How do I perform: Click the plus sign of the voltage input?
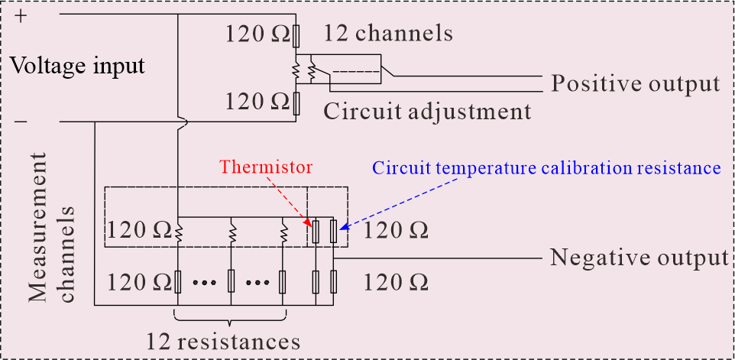pyautogui.click(x=21, y=16)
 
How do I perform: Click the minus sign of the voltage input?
pyautogui.click(x=21, y=123)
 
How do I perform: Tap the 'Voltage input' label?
pyautogui.click(x=77, y=66)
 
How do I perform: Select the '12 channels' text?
pyautogui.click(x=388, y=34)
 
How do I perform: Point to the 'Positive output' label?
pyautogui.click(x=635, y=84)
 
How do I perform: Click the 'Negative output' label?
pyautogui.click(x=639, y=258)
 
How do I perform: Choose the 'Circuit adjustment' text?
pyautogui.click(x=427, y=112)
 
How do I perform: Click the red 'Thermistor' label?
pyautogui.click(x=266, y=167)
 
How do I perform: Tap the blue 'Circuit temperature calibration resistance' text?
pyautogui.click(x=546, y=167)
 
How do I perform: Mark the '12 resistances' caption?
pyautogui.click(x=223, y=341)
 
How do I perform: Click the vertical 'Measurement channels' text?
pyautogui.click(x=51, y=227)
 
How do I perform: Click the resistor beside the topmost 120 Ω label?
pyautogui.click(x=296, y=37)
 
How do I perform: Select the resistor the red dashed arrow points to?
pyautogui.click(x=316, y=231)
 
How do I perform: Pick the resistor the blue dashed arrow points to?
pyautogui.click(x=333, y=231)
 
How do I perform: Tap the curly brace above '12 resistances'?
pyautogui.click(x=230, y=317)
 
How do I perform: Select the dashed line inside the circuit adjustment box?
pyautogui.click(x=355, y=72)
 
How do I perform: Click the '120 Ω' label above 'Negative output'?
pyautogui.click(x=396, y=231)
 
